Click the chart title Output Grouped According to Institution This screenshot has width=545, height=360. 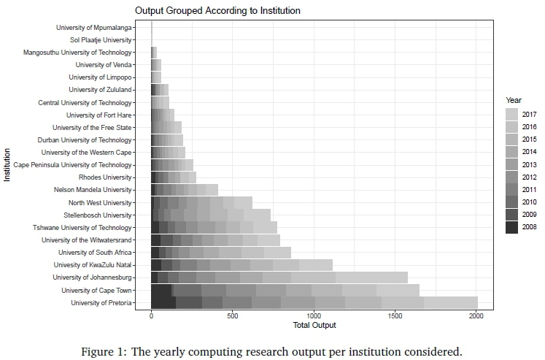click(x=217, y=12)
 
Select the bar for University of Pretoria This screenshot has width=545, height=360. click(x=314, y=303)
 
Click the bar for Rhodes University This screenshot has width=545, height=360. click(x=174, y=177)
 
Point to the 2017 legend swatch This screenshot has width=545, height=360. click(x=511, y=114)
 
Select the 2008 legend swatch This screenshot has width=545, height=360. click(x=511, y=227)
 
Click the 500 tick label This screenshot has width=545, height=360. click(x=233, y=315)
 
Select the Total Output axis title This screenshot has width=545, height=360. click(x=314, y=325)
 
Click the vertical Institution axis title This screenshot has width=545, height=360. click(x=7, y=165)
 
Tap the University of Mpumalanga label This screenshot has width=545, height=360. click(x=94, y=28)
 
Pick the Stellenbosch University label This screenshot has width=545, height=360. click(x=98, y=215)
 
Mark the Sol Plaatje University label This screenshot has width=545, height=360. click(x=101, y=40)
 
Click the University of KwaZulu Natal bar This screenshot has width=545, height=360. click(x=241, y=265)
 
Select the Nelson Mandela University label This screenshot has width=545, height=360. click(x=93, y=190)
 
